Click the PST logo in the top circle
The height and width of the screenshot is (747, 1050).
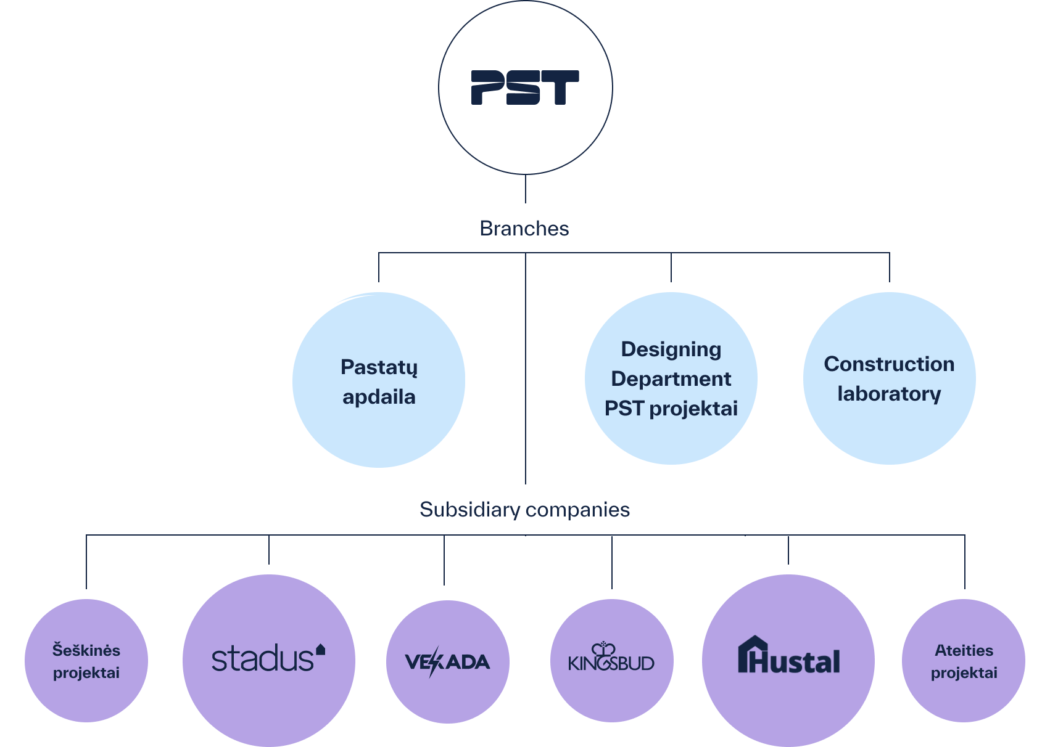tap(525, 88)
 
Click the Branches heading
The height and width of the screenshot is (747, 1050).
tap(524, 229)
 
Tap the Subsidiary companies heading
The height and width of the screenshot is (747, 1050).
tap(524, 510)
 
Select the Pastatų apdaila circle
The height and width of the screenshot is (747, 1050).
tap(379, 380)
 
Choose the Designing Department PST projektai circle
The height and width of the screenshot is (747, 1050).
tap(671, 378)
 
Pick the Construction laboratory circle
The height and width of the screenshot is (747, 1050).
tap(889, 378)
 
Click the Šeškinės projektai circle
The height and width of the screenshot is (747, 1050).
tap(86, 661)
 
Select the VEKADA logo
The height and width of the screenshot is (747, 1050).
tap(447, 662)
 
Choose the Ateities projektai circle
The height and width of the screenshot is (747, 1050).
tap(964, 661)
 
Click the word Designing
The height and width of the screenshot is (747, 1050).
tap(671, 349)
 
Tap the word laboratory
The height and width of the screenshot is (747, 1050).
tap(889, 394)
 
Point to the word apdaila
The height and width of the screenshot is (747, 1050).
tap(379, 397)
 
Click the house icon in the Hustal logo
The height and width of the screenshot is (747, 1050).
tap(752, 654)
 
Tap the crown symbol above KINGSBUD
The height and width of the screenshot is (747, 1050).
tap(603, 649)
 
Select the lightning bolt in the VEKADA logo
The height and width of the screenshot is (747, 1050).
tap(435, 661)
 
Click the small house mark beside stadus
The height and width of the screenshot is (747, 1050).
tap(320, 649)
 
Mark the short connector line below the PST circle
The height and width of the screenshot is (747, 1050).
tap(526, 189)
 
